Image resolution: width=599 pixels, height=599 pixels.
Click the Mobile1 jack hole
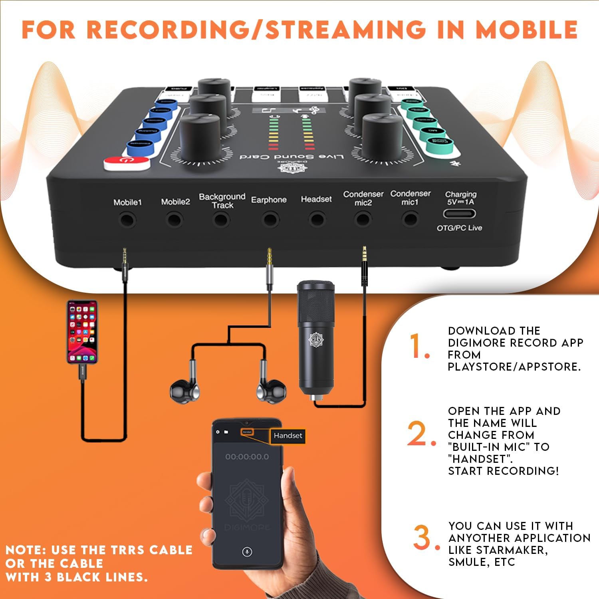click(x=128, y=220)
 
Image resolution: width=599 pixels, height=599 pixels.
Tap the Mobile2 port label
click(x=175, y=202)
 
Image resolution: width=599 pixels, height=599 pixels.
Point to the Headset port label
click(x=316, y=199)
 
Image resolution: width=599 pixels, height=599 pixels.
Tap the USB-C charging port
click(x=460, y=214)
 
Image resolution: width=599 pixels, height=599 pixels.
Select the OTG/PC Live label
click(x=459, y=228)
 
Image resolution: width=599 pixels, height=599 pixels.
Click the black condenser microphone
click(x=316, y=339)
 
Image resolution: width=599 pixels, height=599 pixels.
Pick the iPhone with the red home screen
click(x=82, y=331)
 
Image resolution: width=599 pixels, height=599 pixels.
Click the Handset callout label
click(x=288, y=436)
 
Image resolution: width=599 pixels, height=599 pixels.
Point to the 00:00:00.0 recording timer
click(x=247, y=457)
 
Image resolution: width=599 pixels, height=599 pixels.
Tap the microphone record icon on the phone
click(x=247, y=552)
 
